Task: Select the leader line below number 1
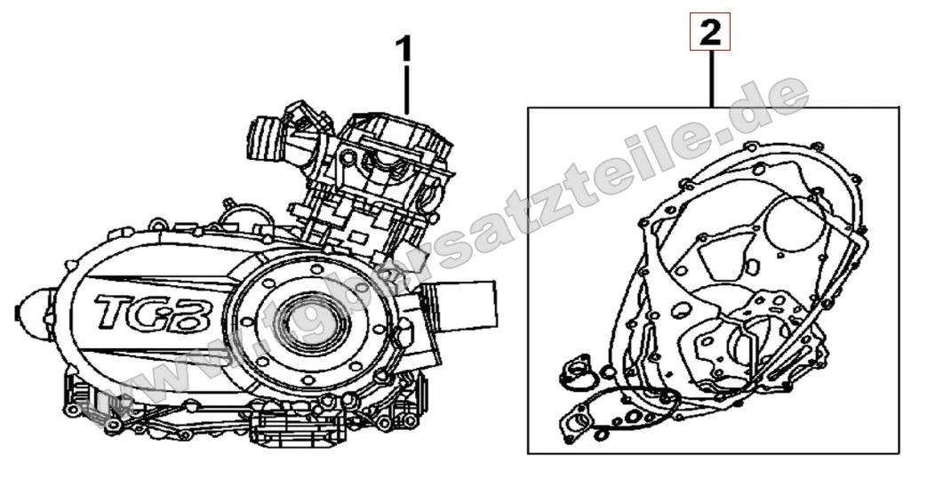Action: pos(406,90)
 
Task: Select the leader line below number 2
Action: pos(711,80)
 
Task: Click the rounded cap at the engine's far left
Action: pos(37,312)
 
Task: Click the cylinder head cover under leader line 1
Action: pos(400,133)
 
